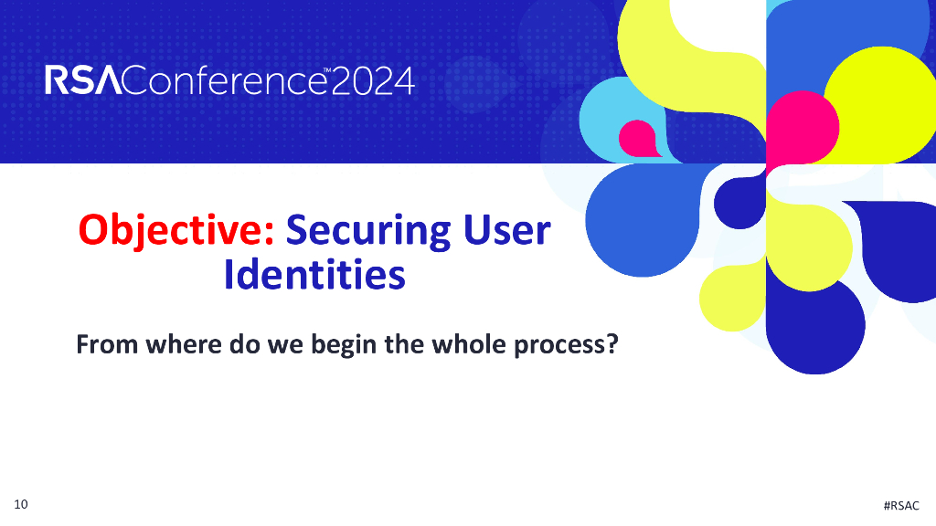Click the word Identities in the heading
pyautogui.click(x=314, y=275)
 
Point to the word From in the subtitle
pyautogui.click(x=101, y=345)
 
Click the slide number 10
pyautogui.click(x=22, y=504)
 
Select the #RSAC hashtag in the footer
pyautogui.click(x=901, y=505)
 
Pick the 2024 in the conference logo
pyautogui.click(x=372, y=80)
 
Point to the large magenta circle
pyautogui.click(x=802, y=128)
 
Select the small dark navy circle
pyautogui.click(x=739, y=202)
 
